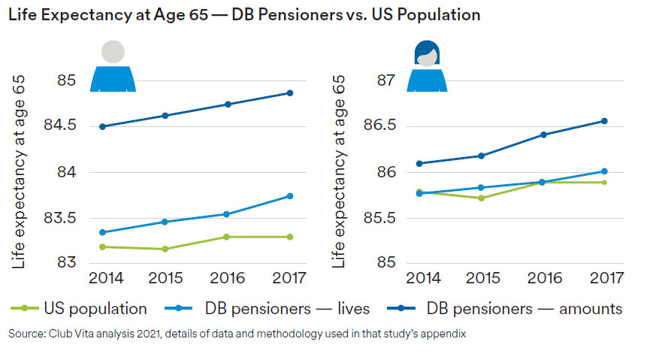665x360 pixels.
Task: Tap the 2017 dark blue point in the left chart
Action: click(290, 93)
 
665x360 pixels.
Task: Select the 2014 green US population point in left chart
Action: click(102, 247)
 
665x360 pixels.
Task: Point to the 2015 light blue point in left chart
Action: click(165, 222)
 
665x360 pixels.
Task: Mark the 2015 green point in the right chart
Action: click(481, 198)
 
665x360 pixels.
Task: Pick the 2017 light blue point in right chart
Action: click(603, 171)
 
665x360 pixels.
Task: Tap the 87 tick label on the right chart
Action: click(381, 80)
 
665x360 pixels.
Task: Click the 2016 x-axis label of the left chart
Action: click(227, 278)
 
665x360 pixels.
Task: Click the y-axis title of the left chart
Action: click(18, 173)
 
